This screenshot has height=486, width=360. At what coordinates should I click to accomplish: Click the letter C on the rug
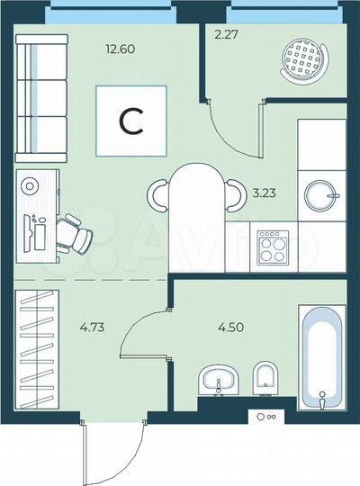pos(131,121)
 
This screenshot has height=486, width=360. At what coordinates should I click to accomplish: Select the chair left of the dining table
pos(161,193)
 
